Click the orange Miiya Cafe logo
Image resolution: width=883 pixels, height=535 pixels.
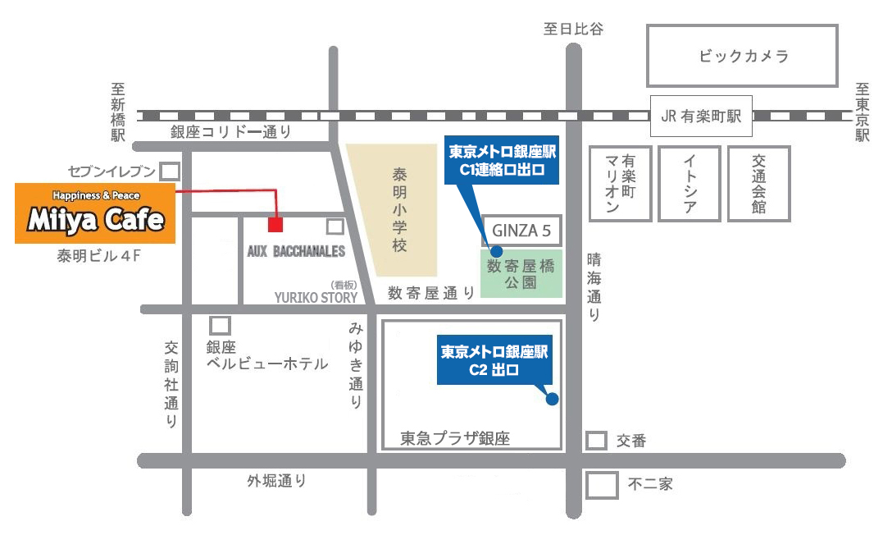(x=95, y=213)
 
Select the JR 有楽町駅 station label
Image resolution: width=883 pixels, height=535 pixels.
(x=700, y=117)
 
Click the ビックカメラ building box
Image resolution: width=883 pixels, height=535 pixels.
(x=743, y=56)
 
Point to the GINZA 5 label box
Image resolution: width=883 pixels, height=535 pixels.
(x=522, y=231)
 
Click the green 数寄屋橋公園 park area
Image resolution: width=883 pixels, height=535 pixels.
(x=522, y=273)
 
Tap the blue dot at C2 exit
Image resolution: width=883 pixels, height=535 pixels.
(x=552, y=400)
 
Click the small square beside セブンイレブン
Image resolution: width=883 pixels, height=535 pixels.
(x=170, y=171)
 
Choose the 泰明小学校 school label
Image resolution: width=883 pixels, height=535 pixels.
(x=399, y=210)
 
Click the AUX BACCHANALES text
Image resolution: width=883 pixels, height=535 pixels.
(x=296, y=251)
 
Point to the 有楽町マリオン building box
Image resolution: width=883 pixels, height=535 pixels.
(x=620, y=184)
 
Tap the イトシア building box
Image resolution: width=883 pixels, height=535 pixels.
(x=690, y=184)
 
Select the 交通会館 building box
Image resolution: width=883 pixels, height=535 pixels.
(x=758, y=184)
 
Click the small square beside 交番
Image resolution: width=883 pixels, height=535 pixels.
(x=596, y=441)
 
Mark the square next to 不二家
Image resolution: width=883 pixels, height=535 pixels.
(x=602, y=484)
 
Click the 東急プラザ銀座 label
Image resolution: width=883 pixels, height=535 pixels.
(x=455, y=439)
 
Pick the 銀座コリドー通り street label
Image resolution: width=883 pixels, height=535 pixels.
(x=230, y=132)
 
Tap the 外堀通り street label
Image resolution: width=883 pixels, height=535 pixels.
(x=277, y=482)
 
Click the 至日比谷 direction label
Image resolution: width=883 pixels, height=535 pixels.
(x=573, y=29)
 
